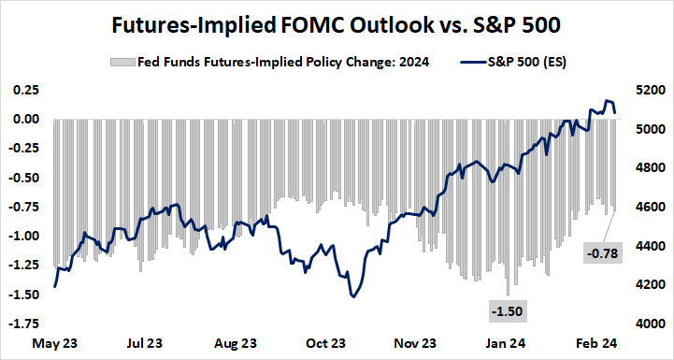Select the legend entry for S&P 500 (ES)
[512, 63]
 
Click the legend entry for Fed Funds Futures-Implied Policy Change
[262, 63]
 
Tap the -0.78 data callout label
[598, 252]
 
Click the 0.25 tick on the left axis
[25, 90]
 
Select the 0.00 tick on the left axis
[25, 119]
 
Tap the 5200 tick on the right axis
[650, 90]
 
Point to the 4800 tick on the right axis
[650, 168]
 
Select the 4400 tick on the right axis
[650, 246]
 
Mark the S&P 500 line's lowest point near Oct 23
[353, 296]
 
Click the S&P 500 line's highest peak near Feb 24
[608, 100]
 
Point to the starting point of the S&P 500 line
[54, 285]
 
